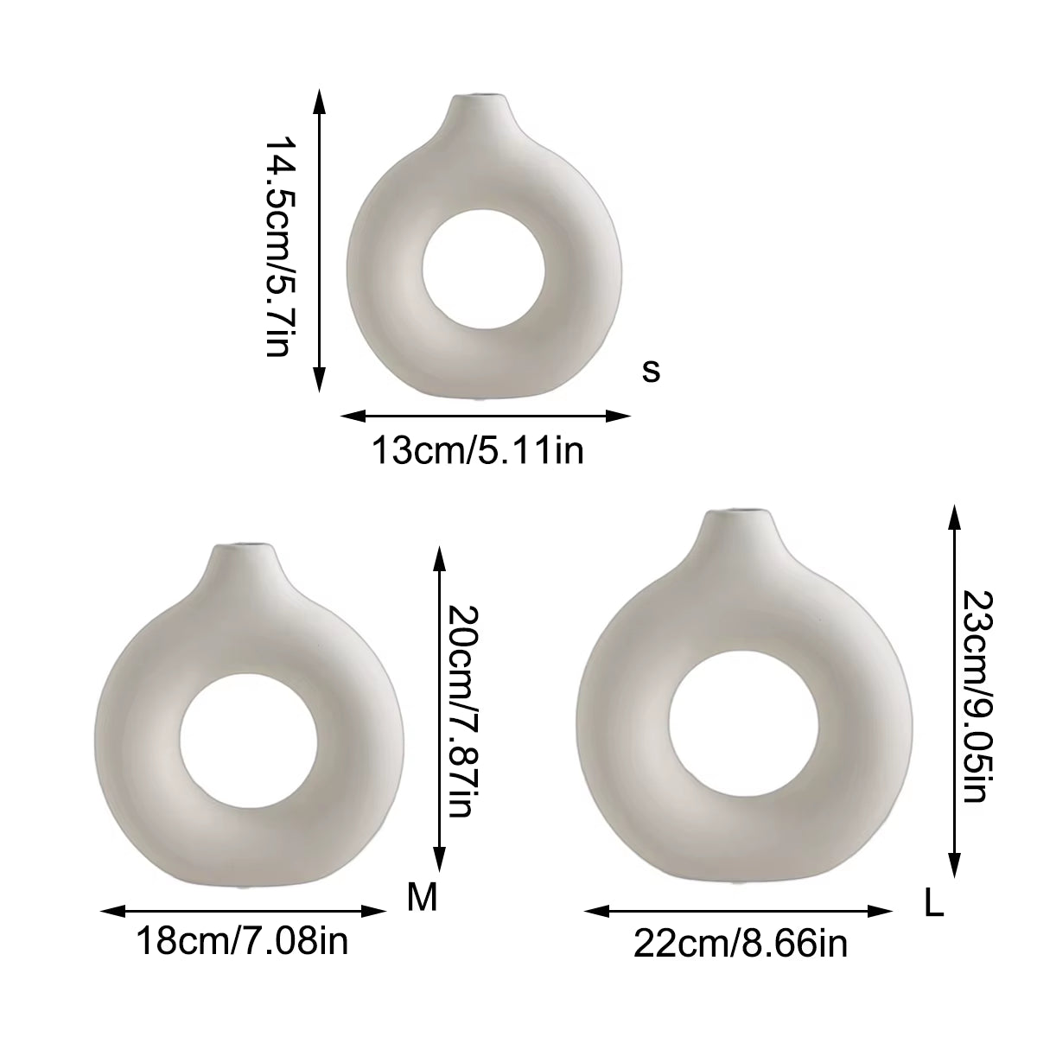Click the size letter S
point(652,371)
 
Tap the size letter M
point(423,899)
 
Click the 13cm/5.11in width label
point(477,450)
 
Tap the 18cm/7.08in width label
point(243,940)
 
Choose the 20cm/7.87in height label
point(460,710)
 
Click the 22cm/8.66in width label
point(741,944)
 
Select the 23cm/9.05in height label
point(975,697)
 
